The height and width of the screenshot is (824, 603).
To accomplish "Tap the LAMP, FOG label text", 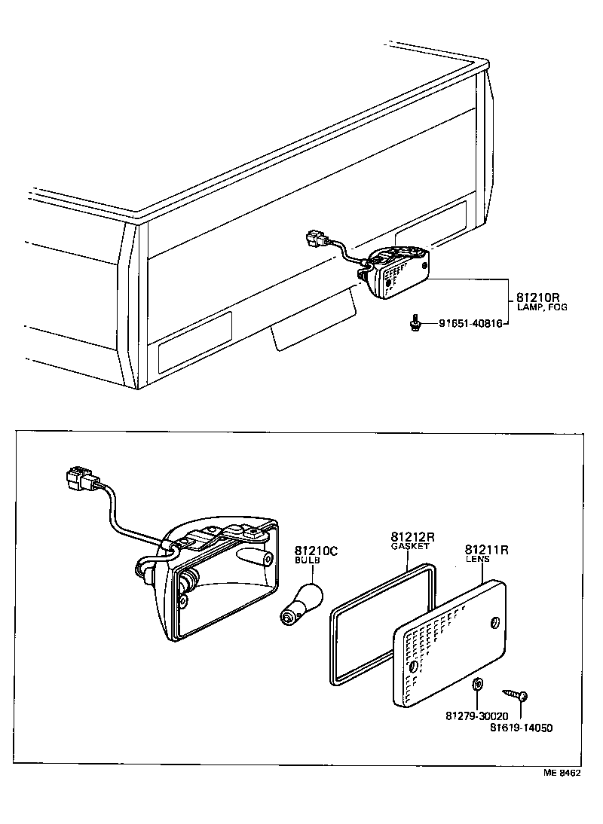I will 542,307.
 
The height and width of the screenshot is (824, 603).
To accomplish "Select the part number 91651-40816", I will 470,324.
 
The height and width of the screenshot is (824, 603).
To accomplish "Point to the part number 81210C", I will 316,551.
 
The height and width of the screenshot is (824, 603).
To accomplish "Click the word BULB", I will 307,562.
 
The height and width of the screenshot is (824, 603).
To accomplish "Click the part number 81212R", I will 413,536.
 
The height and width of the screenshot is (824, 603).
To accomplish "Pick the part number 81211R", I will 486,551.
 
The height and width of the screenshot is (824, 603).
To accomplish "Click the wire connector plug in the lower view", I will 81,478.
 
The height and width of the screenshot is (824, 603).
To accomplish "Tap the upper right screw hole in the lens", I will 494,621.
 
